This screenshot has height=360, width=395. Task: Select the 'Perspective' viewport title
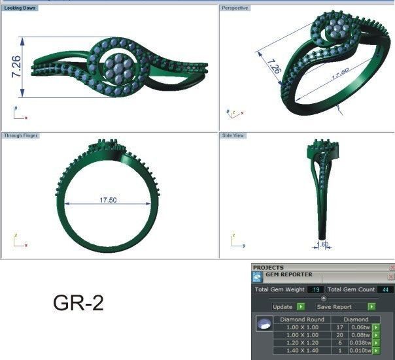235,8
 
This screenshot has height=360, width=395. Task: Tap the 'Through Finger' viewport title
22,135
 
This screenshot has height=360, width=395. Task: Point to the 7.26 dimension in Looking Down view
16,67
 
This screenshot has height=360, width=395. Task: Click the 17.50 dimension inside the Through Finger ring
108,200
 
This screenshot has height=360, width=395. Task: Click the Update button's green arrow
300,306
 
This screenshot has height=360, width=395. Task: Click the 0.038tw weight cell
360,342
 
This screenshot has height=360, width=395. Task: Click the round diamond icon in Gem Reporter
264,325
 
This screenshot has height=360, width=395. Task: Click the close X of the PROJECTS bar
392,268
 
